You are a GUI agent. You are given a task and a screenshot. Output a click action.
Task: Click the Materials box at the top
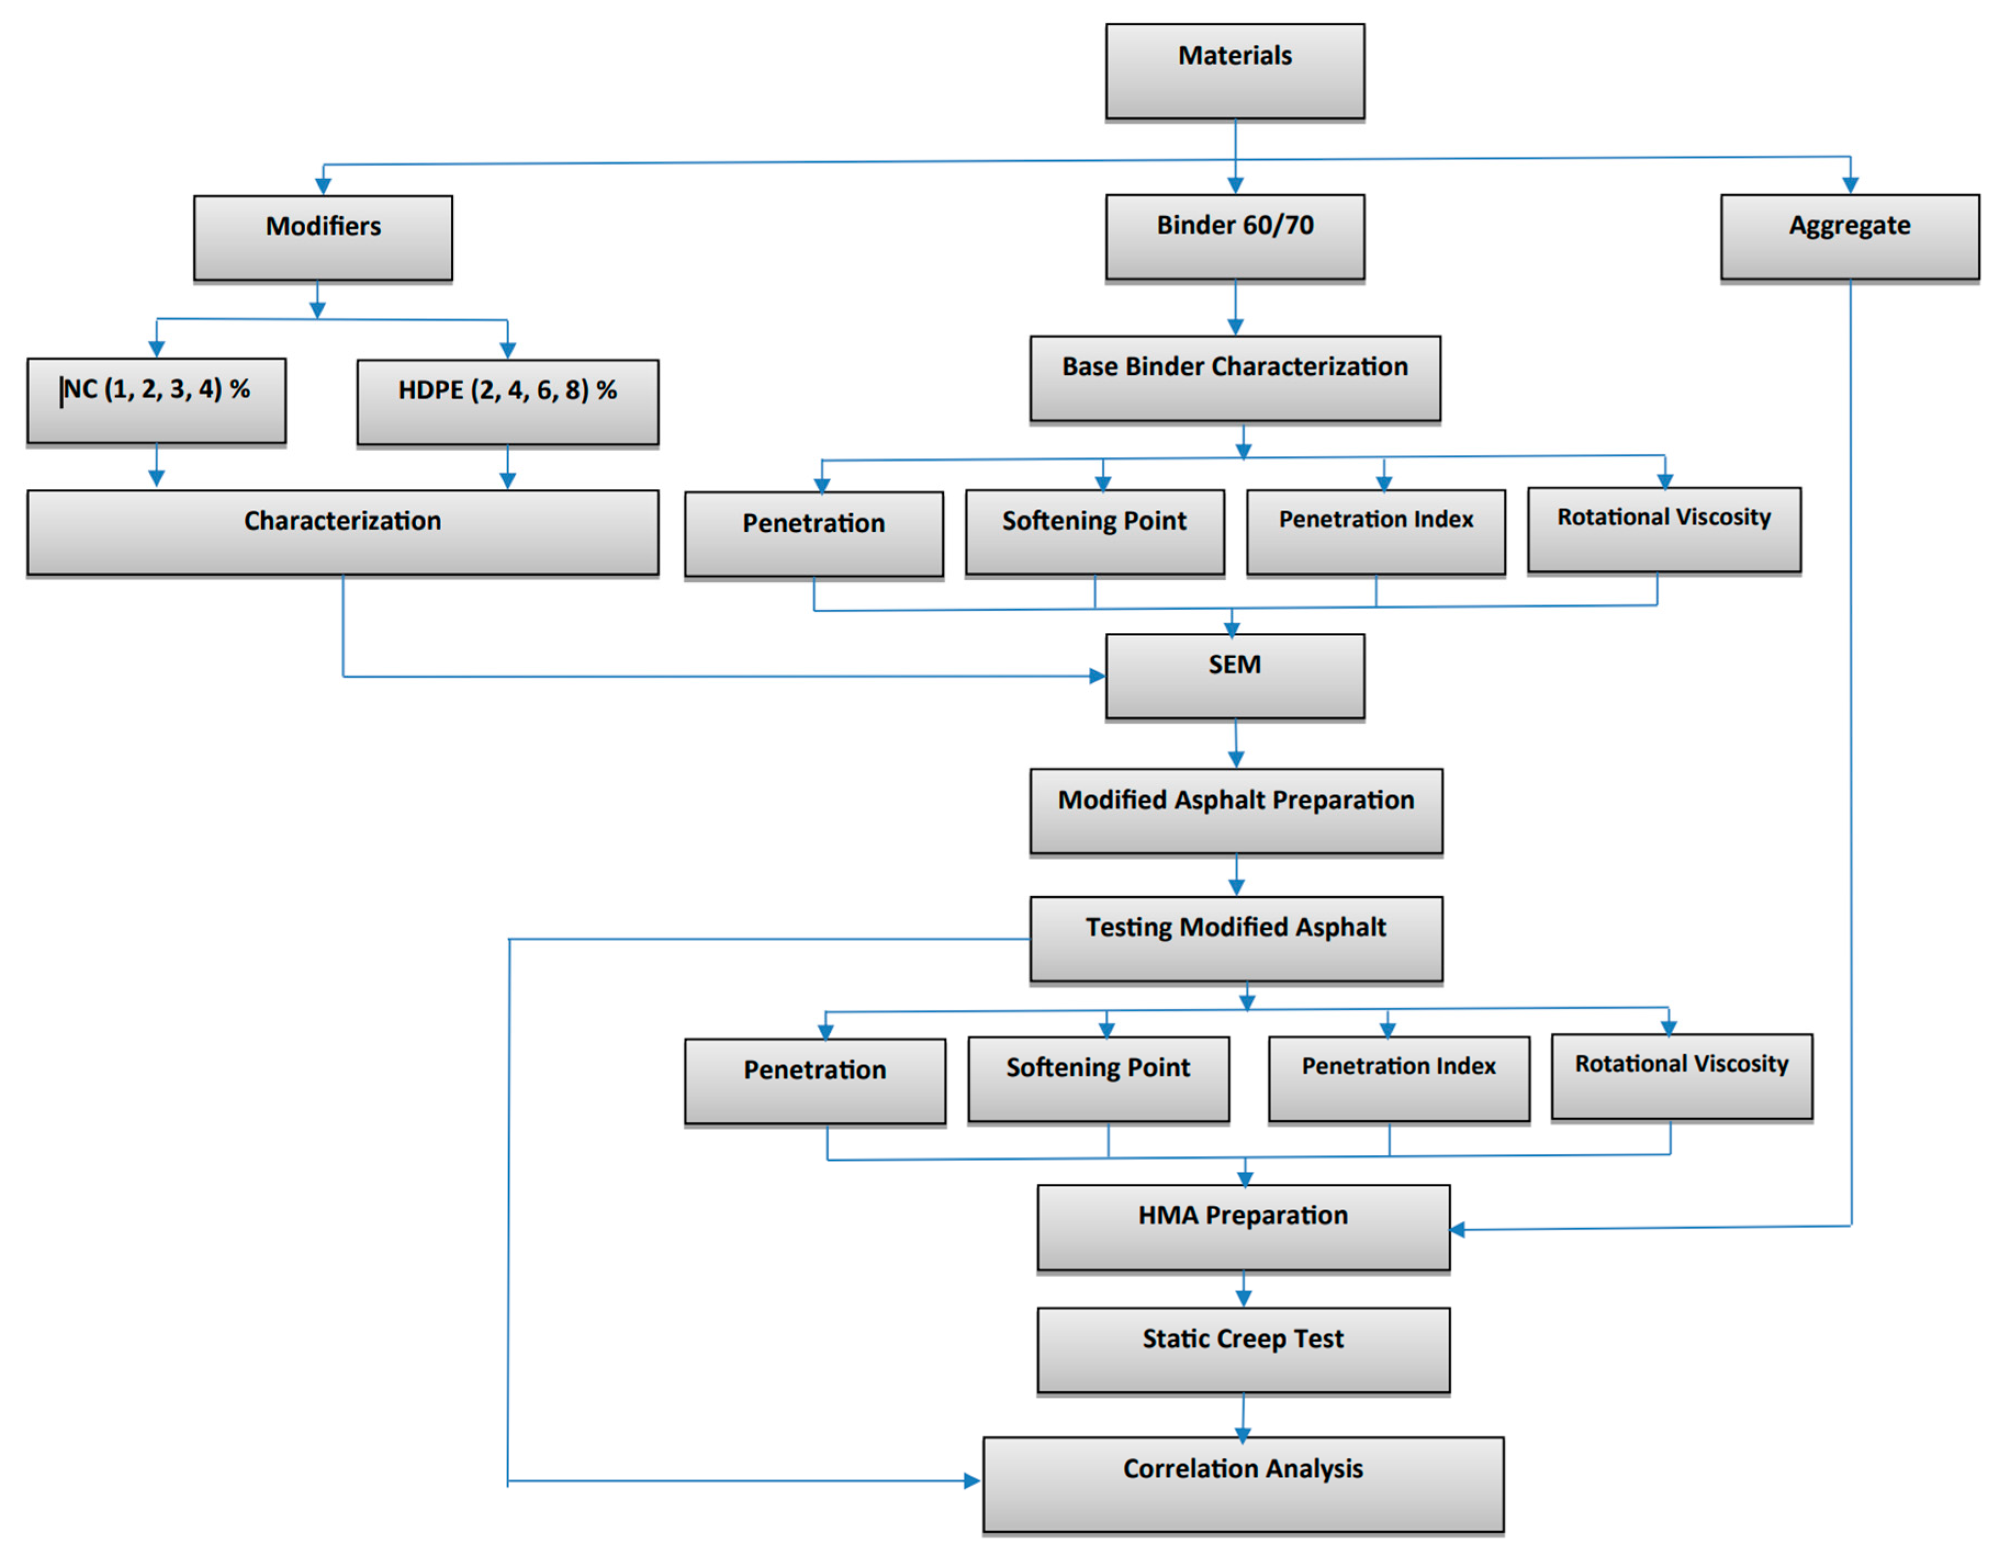coord(1234,71)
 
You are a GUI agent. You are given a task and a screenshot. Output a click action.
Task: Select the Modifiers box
coord(323,238)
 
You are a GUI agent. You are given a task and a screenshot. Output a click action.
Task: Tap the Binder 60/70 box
coord(1234,237)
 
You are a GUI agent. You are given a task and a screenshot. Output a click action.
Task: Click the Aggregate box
coord(1849,237)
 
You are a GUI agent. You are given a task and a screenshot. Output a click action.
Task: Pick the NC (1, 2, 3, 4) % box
coord(156,401)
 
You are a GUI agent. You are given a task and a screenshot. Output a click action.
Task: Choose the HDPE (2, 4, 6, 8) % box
coord(507,402)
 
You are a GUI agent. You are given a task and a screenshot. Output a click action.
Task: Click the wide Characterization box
coord(342,532)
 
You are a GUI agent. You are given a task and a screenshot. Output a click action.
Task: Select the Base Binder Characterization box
coord(1234,378)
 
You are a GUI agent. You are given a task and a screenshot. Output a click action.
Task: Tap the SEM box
coord(1234,676)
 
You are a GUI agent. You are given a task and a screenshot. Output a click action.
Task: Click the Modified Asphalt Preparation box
coord(1235,811)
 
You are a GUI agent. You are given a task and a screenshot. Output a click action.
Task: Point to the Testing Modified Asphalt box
coord(1235,938)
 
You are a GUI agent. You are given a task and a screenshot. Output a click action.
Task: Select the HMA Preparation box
coord(1243,1227)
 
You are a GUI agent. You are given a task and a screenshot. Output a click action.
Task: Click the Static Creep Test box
coord(1243,1350)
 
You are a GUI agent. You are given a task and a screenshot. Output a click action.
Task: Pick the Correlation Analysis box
coord(1243,1483)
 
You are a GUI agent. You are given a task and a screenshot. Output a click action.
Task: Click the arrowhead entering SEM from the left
coord(1097,676)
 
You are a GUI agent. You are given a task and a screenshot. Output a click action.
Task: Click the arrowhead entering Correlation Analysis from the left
coord(972,1480)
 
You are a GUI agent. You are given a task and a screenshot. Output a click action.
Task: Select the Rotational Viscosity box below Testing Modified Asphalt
coord(1681,1077)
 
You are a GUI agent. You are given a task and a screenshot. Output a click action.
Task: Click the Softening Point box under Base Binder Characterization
coord(1094,532)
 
